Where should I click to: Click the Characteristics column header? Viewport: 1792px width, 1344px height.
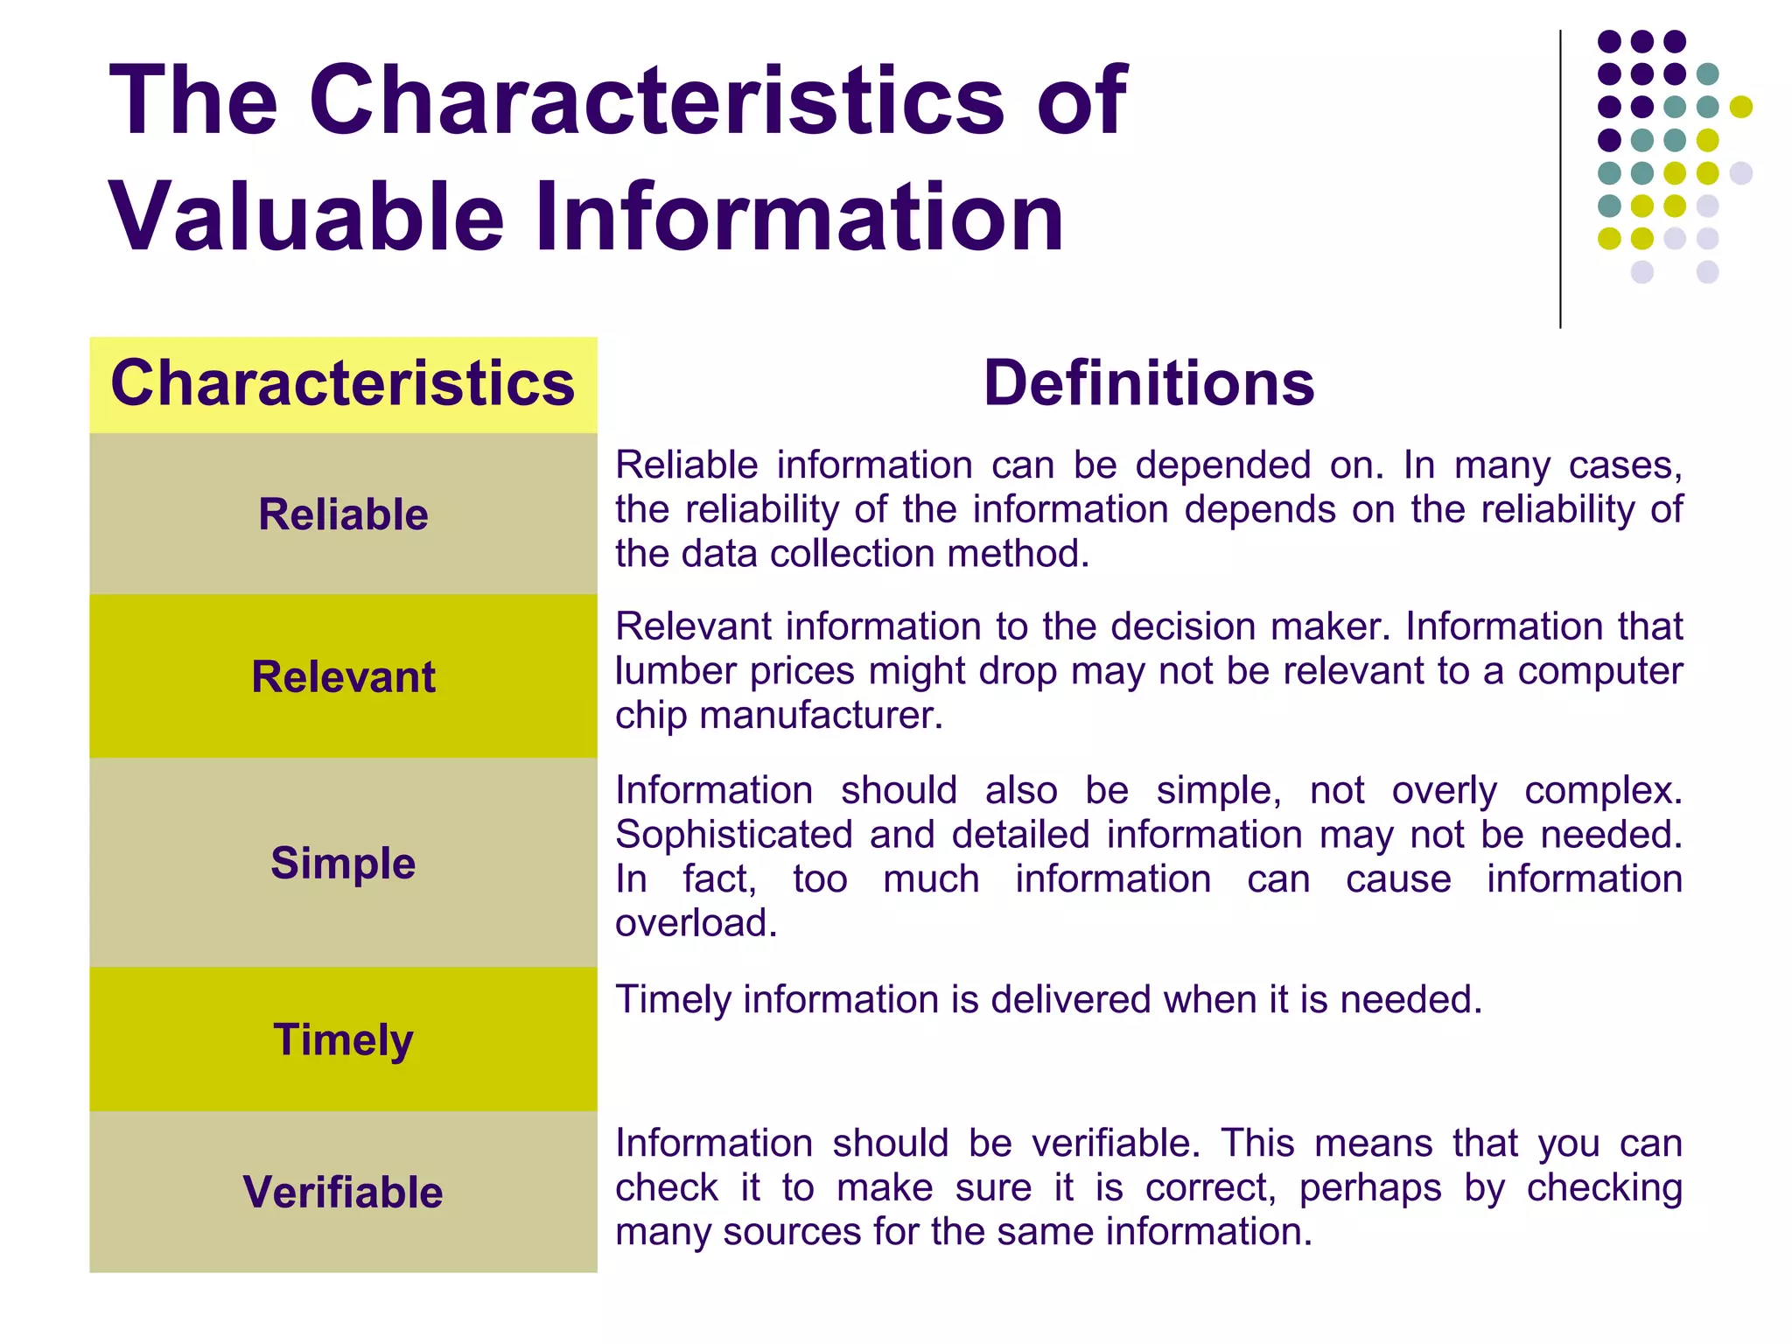pyautogui.click(x=343, y=383)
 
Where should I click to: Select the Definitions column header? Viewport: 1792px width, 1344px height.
pyautogui.click(x=1148, y=383)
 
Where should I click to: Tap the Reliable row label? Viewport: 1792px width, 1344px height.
pyautogui.click(x=343, y=514)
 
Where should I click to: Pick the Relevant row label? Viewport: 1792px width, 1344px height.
pyautogui.click(x=343, y=676)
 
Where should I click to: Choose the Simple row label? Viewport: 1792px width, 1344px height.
pyautogui.click(x=343, y=863)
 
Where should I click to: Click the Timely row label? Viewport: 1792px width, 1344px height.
pyautogui.click(x=343, y=1039)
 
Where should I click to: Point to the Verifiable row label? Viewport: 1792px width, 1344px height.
pyautogui.click(x=343, y=1192)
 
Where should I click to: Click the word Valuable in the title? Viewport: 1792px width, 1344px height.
pyautogui.click(x=306, y=215)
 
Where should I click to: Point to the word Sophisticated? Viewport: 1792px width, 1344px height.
pyautogui.click(x=733, y=834)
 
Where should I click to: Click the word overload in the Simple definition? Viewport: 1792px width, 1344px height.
pyautogui.click(x=696, y=923)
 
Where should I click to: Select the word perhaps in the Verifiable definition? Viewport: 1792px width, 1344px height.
pyautogui.click(x=1369, y=1188)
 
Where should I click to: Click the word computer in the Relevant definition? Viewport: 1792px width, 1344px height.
pyautogui.click(x=1599, y=671)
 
